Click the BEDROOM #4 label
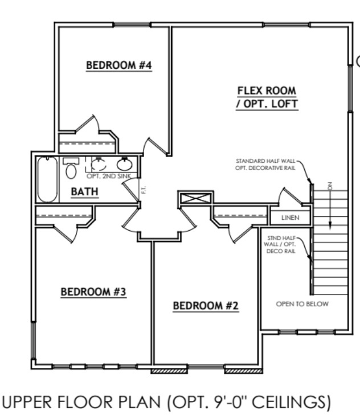pyautogui.click(x=118, y=65)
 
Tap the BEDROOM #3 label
pyautogui.click(x=93, y=292)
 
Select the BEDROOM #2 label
pyautogui.click(x=206, y=306)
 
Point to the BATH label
pyautogui.click(x=85, y=192)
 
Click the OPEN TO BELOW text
pyautogui.click(x=302, y=304)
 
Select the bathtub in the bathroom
pyautogui.click(x=47, y=179)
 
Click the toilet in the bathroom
pyautogui.click(x=71, y=169)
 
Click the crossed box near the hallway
pyautogui.click(x=195, y=199)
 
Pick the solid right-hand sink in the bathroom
pyautogui.click(x=125, y=165)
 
